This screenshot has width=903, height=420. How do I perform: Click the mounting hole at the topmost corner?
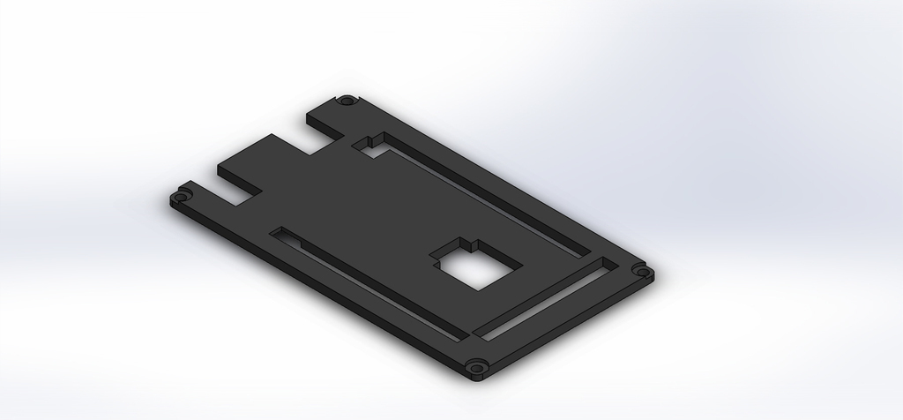[x=348, y=101]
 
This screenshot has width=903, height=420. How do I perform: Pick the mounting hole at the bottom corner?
[x=477, y=365]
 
